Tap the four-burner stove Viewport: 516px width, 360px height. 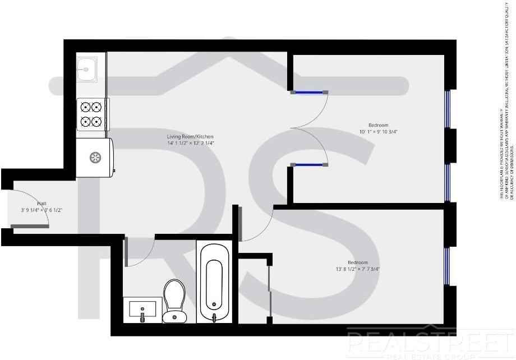[92, 113]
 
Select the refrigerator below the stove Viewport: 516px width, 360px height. [95, 158]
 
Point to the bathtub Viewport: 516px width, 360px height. [214, 284]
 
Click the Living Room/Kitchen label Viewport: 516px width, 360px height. [190, 137]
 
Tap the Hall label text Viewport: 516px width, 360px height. [42, 204]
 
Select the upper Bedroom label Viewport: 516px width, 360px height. [378, 125]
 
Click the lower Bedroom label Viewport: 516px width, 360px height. [357, 262]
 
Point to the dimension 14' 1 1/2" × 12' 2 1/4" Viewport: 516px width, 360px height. [190, 144]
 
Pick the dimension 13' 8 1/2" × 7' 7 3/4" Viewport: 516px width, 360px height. [357, 269]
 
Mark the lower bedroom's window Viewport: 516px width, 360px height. [448, 266]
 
